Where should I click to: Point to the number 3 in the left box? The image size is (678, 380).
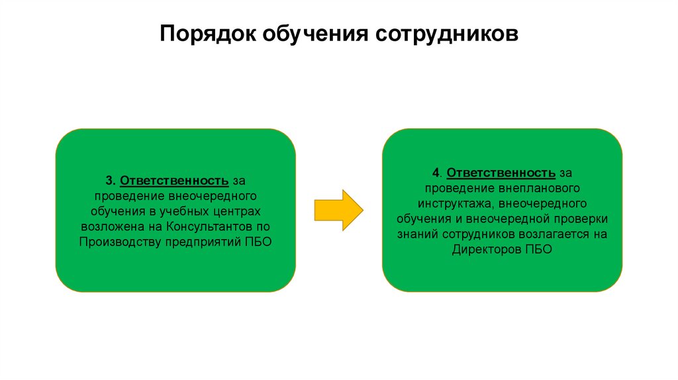tap(109, 181)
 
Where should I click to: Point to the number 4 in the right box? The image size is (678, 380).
tap(436, 173)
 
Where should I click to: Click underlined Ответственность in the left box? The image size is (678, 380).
tap(175, 181)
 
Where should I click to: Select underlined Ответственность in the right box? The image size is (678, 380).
tap(501, 173)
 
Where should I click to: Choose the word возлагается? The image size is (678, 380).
tap(555, 234)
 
